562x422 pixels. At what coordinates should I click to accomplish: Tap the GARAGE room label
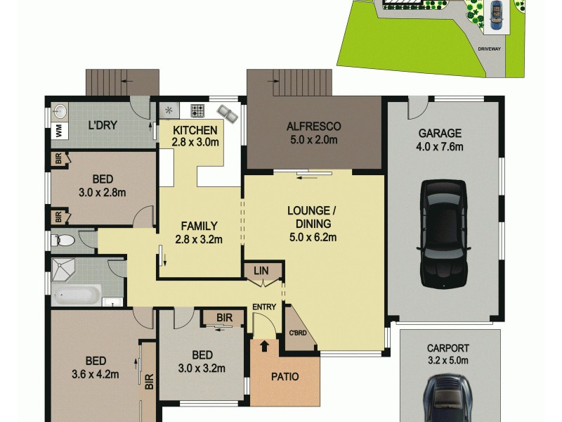[440, 133]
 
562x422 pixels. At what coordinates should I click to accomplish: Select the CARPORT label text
[447, 348]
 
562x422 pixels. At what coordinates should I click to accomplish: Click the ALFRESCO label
[313, 127]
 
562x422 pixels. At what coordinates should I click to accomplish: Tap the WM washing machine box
[59, 131]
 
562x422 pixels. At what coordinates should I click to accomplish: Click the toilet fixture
[64, 241]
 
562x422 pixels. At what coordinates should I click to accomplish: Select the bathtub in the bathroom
[77, 295]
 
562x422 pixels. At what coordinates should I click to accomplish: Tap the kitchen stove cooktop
[198, 110]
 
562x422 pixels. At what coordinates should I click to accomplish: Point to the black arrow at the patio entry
[265, 345]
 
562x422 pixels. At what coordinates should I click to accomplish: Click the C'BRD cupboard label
[296, 333]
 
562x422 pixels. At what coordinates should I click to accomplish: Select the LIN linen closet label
[260, 269]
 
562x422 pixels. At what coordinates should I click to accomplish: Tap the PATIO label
[285, 377]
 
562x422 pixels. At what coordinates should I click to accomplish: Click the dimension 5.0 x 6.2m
[313, 237]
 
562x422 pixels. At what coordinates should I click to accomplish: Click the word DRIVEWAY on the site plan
[489, 49]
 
